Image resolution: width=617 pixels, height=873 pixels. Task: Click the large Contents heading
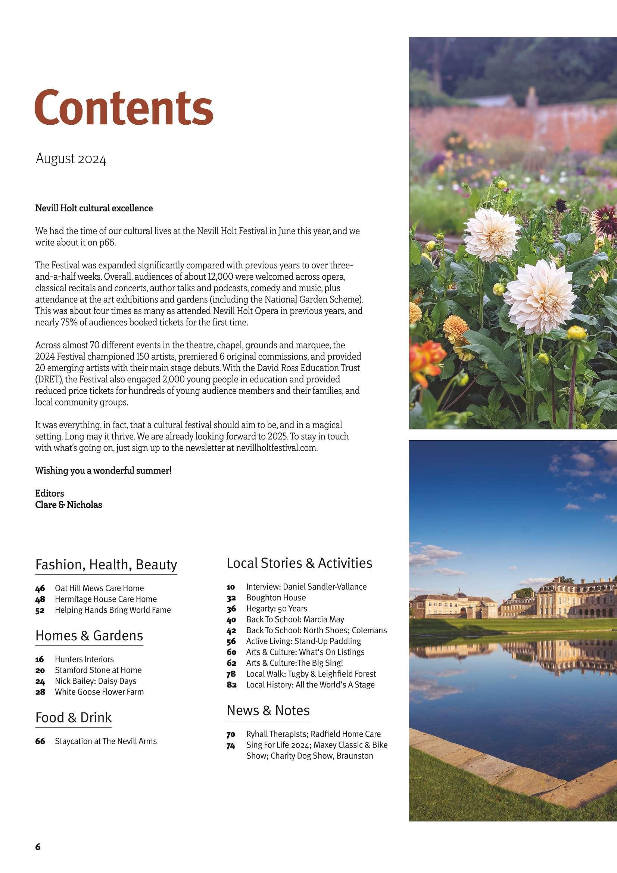click(x=124, y=106)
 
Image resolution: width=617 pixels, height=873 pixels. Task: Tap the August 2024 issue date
click(x=71, y=159)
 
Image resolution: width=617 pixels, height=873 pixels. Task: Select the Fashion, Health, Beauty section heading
click(x=106, y=565)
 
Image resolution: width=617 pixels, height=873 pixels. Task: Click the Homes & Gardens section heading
click(x=89, y=636)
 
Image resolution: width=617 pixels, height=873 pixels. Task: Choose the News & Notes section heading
click(x=268, y=710)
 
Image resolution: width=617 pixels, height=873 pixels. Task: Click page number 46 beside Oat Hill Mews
click(x=40, y=588)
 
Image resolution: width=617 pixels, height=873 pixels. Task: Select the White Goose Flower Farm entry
click(x=99, y=692)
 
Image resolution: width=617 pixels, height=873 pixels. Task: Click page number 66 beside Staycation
click(x=40, y=741)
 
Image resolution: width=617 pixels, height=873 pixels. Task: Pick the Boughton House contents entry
click(x=275, y=598)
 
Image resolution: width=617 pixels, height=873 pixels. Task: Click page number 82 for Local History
click(x=231, y=685)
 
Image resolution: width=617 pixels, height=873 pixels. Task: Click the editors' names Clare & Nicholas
click(x=68, y=505)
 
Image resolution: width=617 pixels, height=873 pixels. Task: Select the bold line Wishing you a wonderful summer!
click(x=103, y=471)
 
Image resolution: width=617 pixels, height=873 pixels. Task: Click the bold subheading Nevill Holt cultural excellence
click(x=94, y=208)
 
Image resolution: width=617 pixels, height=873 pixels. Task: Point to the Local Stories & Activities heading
click(x=299, y=563)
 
